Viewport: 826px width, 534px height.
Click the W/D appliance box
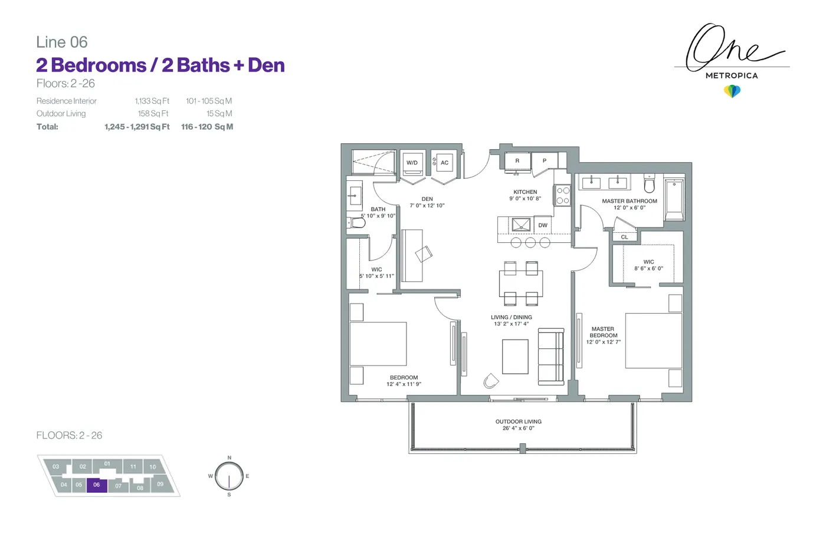pyautogui.click(x=412, y=163)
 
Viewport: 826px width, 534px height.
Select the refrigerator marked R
pyautogui.click(x=517, y=161)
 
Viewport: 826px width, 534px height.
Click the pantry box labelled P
pyautogui.click(x=544, y=160)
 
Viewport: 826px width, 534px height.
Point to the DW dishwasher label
pyautogui.click(x=543, y=225)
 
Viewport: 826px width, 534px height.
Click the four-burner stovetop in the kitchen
pyautogui.click(x=563, y=196)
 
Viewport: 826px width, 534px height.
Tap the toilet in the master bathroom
pyautogui.click(x=649, y=184)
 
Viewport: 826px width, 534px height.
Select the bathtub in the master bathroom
pyautogui.click(x=674, y=199)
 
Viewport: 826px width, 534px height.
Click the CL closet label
pyautogui.click(x=624, y=237)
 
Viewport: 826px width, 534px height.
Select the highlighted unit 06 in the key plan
pyautogui.click(x=97, y=485)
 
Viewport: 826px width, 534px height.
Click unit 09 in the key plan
pyautogui.click(x=160, y=484)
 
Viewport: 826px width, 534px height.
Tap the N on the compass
pyautogui.click(x=230, y=458)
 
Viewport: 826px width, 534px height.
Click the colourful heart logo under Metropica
pyautogui.click(x=732, y=91)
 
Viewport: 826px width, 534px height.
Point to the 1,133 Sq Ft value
pyautogui.click(x=152, y=101)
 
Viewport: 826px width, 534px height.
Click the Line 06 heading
pyautogui.click(x=62, y=42)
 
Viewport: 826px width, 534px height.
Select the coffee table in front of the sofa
pyautogui.click(x=515, y=357)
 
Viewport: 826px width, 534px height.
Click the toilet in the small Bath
pyautogui.click(x=356, y=223)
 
